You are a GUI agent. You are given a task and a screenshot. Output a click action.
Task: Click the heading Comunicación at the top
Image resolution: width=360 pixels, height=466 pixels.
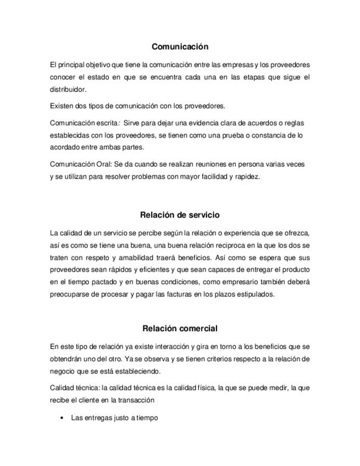180,47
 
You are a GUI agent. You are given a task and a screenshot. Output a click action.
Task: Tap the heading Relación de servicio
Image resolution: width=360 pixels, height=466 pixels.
180,214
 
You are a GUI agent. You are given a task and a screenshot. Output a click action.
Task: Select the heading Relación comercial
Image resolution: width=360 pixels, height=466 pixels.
180,329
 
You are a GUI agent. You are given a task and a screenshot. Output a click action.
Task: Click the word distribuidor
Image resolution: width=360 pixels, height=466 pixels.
68,90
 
